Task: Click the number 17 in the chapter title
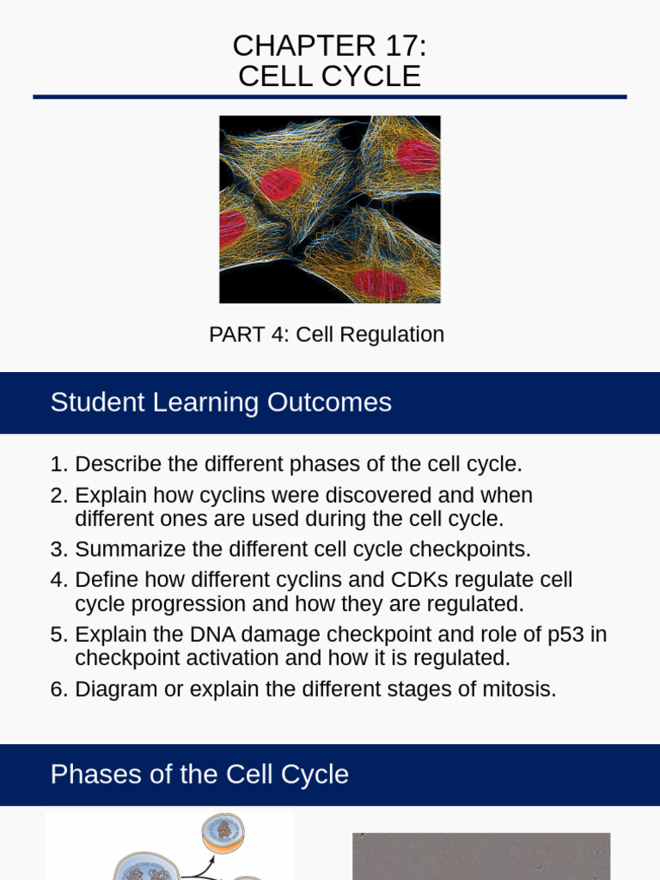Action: pyautogui.click(x=394, y=46)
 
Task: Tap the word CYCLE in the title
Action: pyautogui.click(x=372, y=76)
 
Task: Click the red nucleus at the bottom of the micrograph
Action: pyautogui.click(x=379, y=283)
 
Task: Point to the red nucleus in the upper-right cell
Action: pyautogui.click(x=418, y=156)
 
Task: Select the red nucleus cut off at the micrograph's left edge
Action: pyautogui.click(x=231, y=229)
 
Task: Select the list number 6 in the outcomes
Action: pyautogui.click(x=57, y=689)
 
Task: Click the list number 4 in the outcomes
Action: pyautogui.click(x=57, y=580)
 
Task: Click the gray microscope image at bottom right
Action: pyautogui.click(x=481, y=856)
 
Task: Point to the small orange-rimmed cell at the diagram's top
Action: pyautogui.click(x=223, y=831)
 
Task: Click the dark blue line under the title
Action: pyautogui.click(x=330, y=97)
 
